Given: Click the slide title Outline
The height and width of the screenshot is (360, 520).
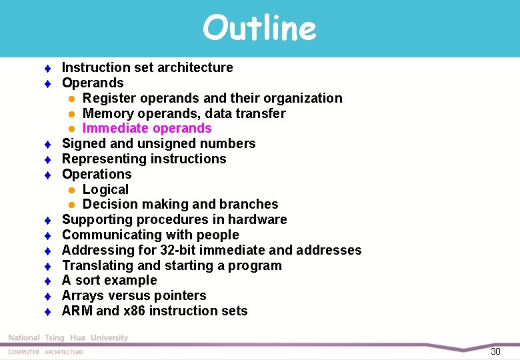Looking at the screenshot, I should (259, 29).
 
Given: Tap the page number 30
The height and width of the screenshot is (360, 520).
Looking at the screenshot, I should (495, 351).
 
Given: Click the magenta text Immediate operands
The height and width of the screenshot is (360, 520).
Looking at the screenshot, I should (147, 128).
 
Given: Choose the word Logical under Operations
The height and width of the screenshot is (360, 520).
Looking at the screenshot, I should (105, 189).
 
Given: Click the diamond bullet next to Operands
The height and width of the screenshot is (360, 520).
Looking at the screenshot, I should (48, 83).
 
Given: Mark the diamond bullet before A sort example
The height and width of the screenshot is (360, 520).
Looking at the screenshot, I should (48, 281).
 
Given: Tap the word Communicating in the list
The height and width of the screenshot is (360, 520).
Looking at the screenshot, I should (109, 235).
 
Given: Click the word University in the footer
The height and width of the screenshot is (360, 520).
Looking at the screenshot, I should (109, 338).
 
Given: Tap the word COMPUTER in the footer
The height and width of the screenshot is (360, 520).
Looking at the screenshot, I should (23, 352).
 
